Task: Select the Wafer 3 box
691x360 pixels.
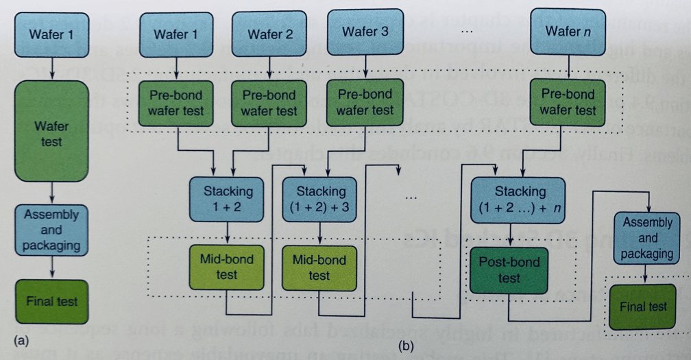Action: pos(365,32)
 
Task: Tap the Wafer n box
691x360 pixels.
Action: pos(567,31)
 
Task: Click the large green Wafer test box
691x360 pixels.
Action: pos(51,130)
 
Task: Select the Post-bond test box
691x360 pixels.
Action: pos(509,270)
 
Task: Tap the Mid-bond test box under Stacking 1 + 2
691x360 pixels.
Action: pos(227,267)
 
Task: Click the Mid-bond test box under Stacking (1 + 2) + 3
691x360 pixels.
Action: pos(319,267)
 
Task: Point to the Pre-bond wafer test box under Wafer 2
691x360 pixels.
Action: pos(269,103)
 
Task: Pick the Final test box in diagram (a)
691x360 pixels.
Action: pos(51,301)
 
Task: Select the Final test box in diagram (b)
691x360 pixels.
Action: pos(643,306)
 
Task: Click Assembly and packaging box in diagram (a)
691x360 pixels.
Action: pos(51,230)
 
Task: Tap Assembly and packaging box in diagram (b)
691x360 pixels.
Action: pos(647,238)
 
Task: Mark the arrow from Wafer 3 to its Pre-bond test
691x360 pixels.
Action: pos(365,67)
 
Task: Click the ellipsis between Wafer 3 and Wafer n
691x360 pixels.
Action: pos(468,32)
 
